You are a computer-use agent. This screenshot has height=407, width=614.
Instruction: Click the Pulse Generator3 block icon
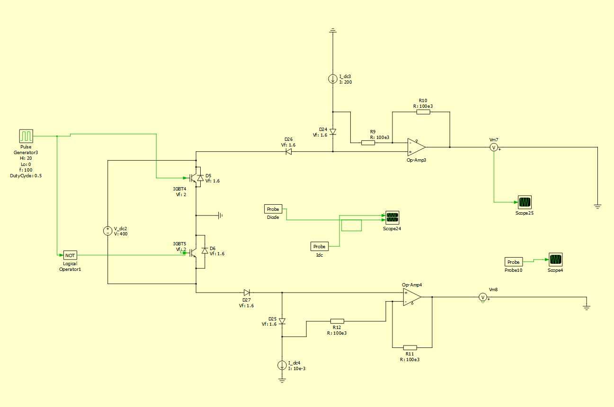tap(26, 136)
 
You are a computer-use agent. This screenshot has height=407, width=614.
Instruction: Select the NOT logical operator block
tap(70, 255)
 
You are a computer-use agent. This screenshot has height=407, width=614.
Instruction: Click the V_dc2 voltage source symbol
tap(108, 231)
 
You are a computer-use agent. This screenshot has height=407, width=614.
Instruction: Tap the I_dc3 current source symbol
tap(333, 79)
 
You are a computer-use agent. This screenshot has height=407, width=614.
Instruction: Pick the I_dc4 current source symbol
tap(282, 365)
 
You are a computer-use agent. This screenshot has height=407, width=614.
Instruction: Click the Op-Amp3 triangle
tap(416, 147)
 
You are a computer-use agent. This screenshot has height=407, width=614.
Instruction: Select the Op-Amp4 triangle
tap(412, 297)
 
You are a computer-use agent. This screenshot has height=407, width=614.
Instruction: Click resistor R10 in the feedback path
tap(423, 113)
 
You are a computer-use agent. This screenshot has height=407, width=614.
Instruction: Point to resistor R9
tap(368, 142)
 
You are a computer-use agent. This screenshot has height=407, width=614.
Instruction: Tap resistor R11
tap(409, 347)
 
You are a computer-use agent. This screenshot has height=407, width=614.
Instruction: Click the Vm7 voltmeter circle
tap(494, 147)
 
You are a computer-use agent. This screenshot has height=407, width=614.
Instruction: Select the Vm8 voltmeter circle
tap(482, 297)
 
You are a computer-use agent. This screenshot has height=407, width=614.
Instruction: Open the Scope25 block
tap(525, 202)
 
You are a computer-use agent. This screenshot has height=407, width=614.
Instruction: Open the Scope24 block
tap(392, 218)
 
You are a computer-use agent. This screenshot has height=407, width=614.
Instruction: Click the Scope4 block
tap(555, 260)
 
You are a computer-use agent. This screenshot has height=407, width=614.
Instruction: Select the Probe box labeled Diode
tap(273, 209)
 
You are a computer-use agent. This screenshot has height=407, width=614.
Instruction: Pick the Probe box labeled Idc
tap(320, 246)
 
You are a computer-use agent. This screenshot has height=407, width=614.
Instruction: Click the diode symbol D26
tap(288, 152)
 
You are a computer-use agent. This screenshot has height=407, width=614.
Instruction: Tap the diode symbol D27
tap(247, 293)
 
